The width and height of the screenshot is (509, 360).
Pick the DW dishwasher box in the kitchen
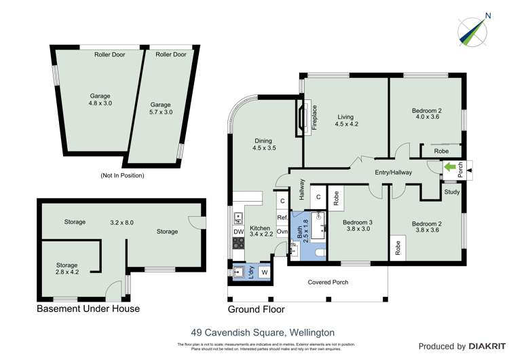pos(238,232)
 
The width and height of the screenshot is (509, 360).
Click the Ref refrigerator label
pos(282,217)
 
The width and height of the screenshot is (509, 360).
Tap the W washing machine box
pos(264,273)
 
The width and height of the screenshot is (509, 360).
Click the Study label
pos(452,192)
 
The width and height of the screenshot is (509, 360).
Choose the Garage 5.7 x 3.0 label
pos(160,108)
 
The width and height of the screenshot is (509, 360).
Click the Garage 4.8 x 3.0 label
pos(100,100)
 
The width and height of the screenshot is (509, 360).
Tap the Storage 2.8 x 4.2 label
pos(67,269)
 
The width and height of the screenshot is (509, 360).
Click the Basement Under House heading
pos(88,309)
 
